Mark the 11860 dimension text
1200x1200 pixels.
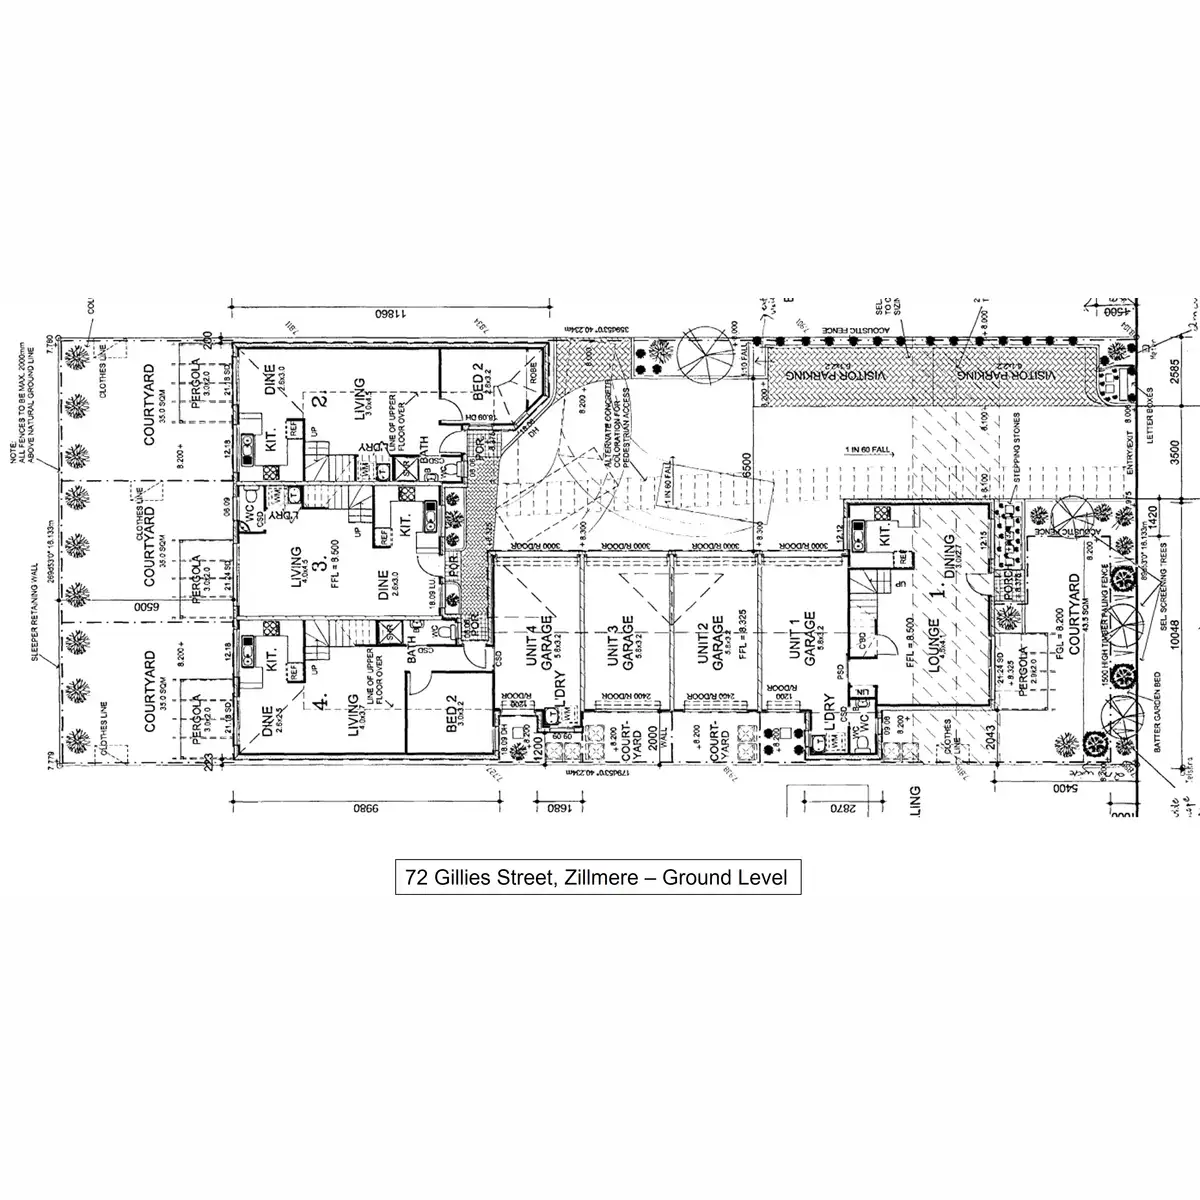381,314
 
